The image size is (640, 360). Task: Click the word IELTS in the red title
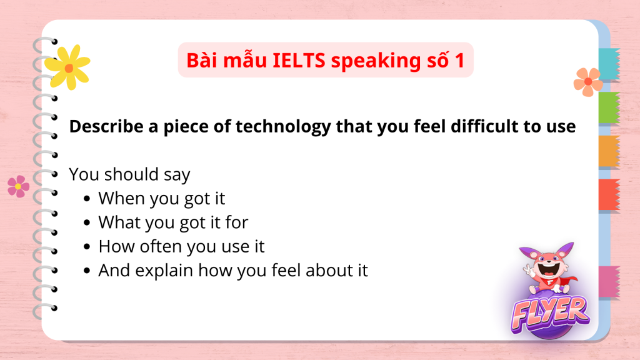[x=299, y=61]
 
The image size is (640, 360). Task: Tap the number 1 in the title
[x=459, y=61]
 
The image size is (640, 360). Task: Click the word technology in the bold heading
[x=283, y=127]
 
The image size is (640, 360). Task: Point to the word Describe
[x=106, y=126]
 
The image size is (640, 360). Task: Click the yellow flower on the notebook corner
[x=67, y=67]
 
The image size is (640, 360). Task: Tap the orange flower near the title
[x=588, y=82]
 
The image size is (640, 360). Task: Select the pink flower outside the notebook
[x=18, y=186]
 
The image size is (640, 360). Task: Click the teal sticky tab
[x=609, y=64]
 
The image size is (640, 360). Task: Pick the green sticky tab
[x=609, y=107]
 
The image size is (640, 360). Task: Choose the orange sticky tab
[x=609, y=151]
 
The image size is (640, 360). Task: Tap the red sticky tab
[x=609, y=195]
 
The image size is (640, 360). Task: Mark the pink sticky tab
[x=609, y=282]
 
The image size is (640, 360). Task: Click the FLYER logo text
[x=550, y=314]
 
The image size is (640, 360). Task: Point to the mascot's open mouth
[x=549, y=269]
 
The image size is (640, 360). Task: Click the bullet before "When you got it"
[x=86, y=199]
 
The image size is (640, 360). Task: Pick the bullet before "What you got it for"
[x=86, y=223]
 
